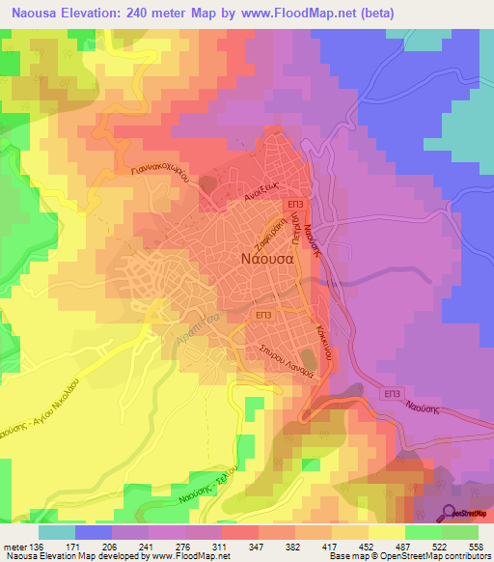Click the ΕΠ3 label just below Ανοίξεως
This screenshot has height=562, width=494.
[296, 206]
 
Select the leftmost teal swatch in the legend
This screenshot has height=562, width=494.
[56, 532]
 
